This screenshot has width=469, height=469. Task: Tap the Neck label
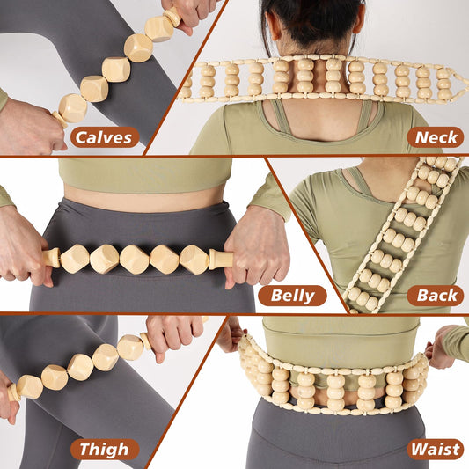tap(435, 136)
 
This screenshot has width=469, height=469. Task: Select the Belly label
tap(291, 296)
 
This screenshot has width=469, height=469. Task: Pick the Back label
tap(435, 296)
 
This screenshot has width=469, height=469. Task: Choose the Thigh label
tap(105, 450)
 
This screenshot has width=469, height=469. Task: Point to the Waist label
tap(435, 450)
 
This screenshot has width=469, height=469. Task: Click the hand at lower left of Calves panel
tap(26, 123)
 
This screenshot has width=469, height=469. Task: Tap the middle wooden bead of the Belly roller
tap(135, 260)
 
